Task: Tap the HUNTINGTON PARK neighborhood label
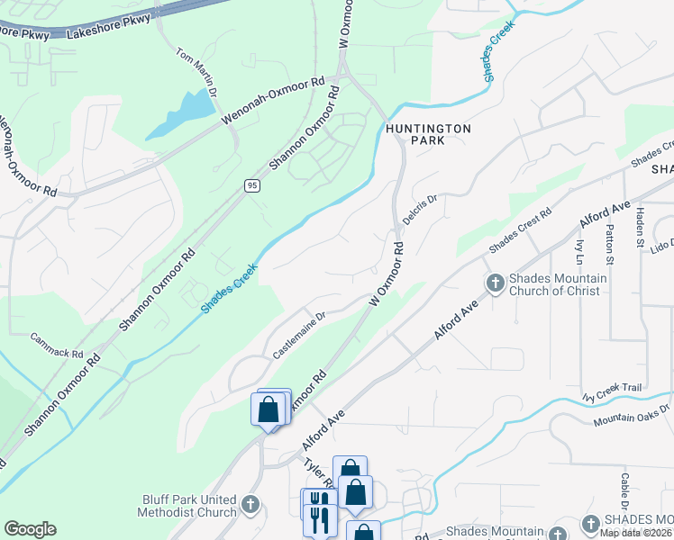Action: click(428, 135)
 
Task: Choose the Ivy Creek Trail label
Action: click(612, 391)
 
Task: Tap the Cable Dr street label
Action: click(624, 492)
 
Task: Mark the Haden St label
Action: click(641, 228)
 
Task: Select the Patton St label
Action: click(610, 247)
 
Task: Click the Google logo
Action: click(30, 529)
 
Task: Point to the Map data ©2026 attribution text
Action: click(636, 533)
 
